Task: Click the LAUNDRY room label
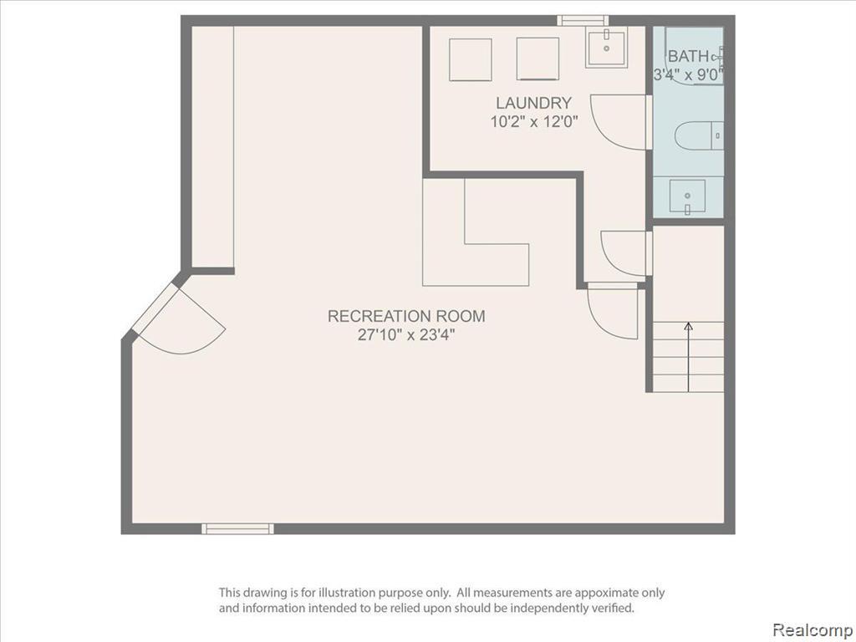tap(533, 103)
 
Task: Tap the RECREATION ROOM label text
tap(406, 316)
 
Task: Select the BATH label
tap(688, 56)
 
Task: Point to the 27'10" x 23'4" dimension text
tap(406, 334)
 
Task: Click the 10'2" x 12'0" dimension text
tap(533, 121)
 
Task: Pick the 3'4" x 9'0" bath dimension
tap(689, 74)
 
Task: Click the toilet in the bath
tap(699, 135)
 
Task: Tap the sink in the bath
tap(687, 196)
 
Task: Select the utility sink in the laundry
tap(606, 48)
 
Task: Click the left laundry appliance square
tap(471, 59)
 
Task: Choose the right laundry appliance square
tap(538, 59)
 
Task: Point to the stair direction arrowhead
tap(689, 326)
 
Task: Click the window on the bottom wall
tap(237, 528)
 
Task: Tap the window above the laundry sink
tap(583, 21)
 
